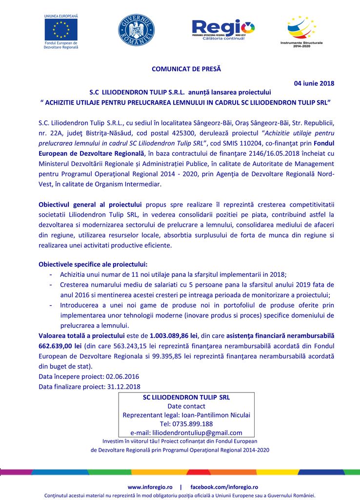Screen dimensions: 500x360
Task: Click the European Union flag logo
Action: (x=61, y=29)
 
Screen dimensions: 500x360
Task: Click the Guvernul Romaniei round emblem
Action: (x=136, y=30)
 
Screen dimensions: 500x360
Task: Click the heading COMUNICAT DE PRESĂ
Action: (x=186, y=69)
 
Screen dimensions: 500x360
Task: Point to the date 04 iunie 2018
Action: (x=314, y=83)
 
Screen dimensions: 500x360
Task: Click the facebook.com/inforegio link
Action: (x=224, y=487)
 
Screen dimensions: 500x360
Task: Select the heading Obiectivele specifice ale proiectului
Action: (x=93, y=264)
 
